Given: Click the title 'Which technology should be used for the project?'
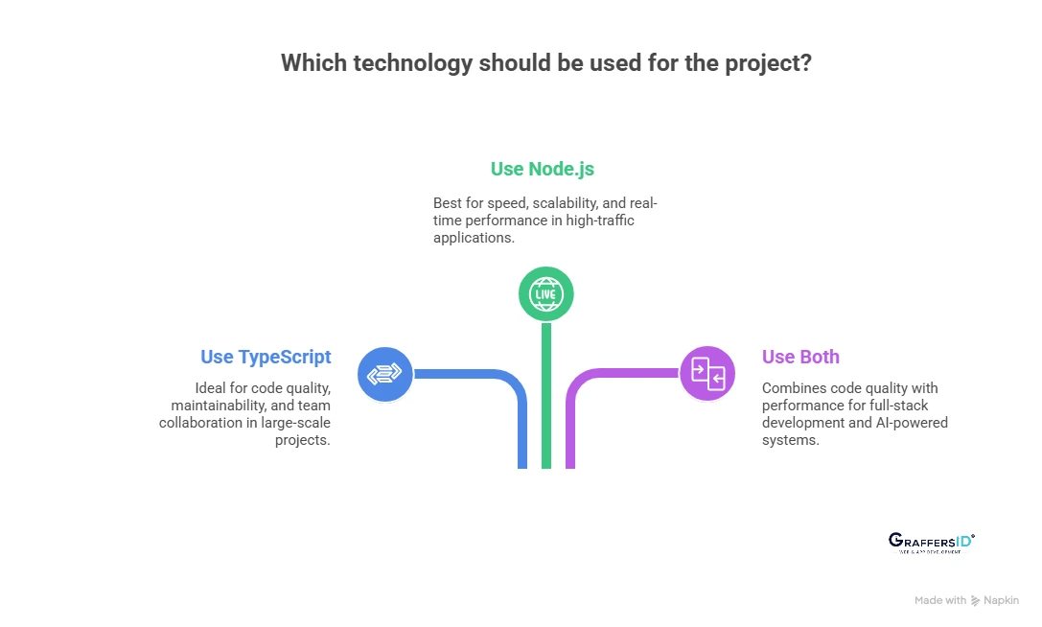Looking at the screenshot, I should pyautogui.click(x=546, y=63).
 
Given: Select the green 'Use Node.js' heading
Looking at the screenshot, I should pyautogui.click(x=543, y=170).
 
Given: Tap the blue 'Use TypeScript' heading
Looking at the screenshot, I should pyautogui.click(x=266, y=357).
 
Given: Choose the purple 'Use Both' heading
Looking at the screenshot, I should pyautogui.click(x=800, y=357).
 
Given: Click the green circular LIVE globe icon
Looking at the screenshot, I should pyautogui.click(x=545, y=293).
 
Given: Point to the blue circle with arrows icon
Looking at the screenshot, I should pyautogui.click(x=385, y=374).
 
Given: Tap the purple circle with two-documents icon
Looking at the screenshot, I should pyautogui.click(x=707, y=373).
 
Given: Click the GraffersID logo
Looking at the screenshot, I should pyautogui.click(x=931, y=543).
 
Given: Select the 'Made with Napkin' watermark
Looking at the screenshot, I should pyautogui.click(x=966, y=600).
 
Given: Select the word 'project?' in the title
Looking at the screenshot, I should pyautogui.click(x=770, y=63).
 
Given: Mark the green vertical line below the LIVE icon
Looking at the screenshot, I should pyautogui.click(x=546, y=403).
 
